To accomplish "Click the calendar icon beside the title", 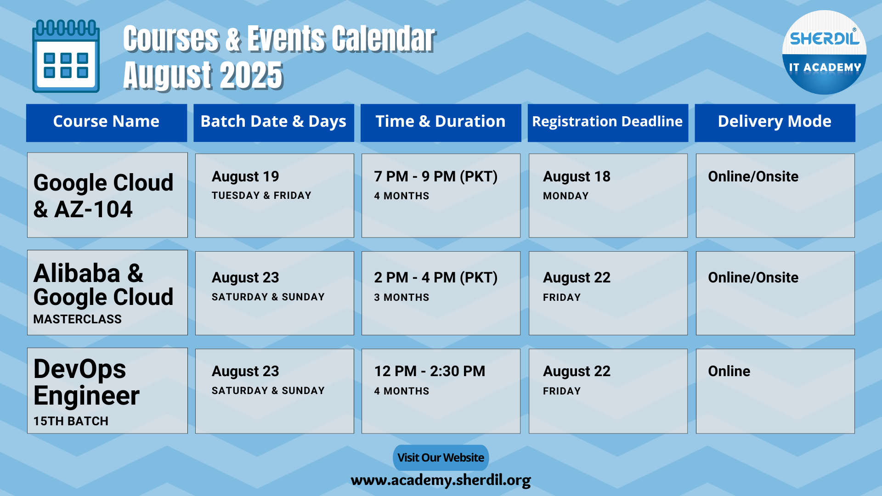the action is pos(66,56).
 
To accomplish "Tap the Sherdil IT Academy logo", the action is pos(824,52).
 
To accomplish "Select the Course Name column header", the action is pos(106,121).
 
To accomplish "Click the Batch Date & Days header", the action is pos(273,122).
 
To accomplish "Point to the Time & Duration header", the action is pos(441,121).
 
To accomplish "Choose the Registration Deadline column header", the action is pos(607,122).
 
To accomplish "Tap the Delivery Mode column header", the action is pos(775,122).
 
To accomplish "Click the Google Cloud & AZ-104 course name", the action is pos(104,196).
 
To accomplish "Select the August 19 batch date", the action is pos(245,176).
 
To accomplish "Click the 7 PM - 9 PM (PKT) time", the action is pos(436,176).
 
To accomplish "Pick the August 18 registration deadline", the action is pos(577,176).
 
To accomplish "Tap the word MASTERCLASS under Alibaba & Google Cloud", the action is pos(78,319).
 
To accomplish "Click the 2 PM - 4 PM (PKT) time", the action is pos(436,277).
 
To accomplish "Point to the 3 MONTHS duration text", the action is pos(401,298).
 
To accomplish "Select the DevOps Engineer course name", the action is pos(87,382).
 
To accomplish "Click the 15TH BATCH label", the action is pos(71,421).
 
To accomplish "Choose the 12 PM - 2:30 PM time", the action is pos(430,371).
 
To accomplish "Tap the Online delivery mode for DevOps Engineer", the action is pos(729,371).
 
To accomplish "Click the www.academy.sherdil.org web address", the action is pos(441,480).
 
